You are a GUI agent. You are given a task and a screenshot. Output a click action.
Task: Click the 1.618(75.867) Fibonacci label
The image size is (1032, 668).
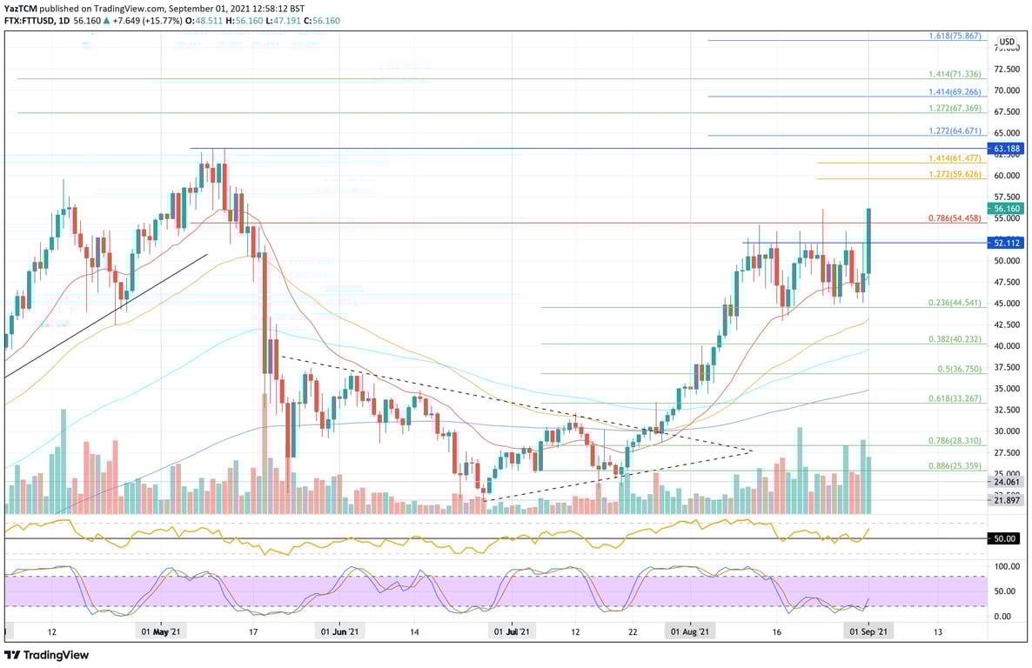point(954,37)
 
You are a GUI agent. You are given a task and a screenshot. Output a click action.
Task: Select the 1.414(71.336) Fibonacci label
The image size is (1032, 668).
point(954,76)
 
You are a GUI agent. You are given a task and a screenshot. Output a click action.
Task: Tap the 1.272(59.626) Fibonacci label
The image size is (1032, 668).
point(954,174)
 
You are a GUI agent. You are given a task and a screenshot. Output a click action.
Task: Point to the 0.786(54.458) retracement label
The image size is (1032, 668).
point(954,219)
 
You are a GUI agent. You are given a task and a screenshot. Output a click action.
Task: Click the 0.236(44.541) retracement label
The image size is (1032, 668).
point(954,303)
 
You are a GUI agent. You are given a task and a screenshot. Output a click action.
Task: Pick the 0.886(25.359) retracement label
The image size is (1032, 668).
point(954,467)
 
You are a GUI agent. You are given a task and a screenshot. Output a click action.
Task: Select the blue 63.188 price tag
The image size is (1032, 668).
point(1005,149)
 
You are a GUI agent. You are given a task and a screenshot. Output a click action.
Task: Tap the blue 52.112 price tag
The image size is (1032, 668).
point(1005,243)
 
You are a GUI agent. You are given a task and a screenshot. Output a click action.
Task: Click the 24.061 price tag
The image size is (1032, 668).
point(1005,481)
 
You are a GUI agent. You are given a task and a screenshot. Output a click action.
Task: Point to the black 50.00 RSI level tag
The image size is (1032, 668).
point(1005,539)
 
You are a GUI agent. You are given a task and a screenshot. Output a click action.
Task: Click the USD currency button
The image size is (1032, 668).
point(1007,42)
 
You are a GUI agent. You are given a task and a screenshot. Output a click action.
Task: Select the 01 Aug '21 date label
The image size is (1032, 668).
point(691,632)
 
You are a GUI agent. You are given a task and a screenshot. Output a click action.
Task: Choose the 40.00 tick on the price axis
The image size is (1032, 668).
point(1007,345)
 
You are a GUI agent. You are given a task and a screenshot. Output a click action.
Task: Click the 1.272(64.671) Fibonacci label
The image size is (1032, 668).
point(954,130)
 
